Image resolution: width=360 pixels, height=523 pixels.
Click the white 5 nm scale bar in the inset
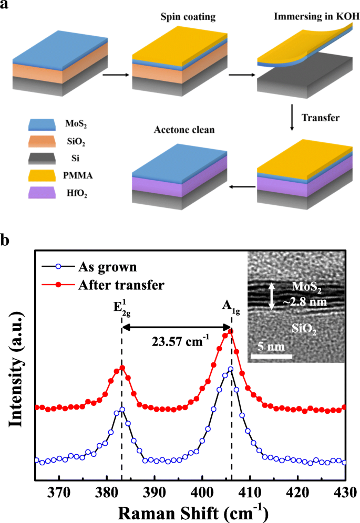pos(270,359)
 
